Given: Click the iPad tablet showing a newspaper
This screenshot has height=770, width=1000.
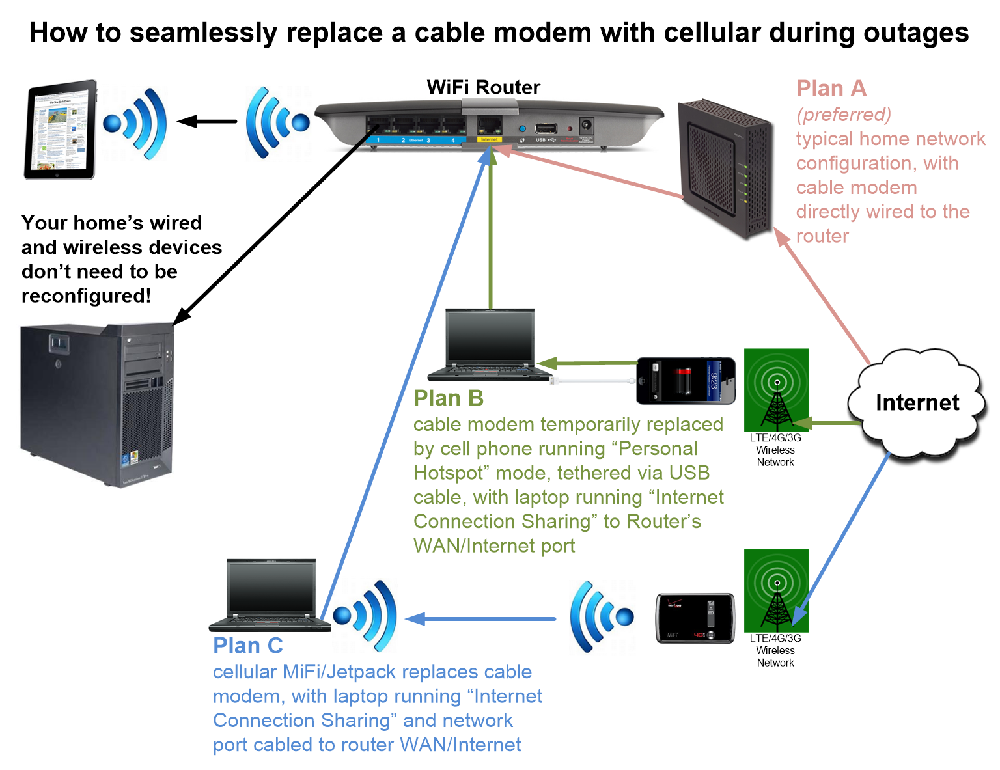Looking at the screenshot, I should (x=60, y=130).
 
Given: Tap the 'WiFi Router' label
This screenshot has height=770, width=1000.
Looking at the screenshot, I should (x=483, y=87).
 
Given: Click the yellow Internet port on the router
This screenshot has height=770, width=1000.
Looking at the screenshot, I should (x=489, y=126).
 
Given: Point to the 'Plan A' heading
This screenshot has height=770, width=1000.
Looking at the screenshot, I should (x=831, y=89).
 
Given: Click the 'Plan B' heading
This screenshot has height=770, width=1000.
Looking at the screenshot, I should (x=448, y=398).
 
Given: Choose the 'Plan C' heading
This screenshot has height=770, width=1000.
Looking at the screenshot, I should (x=247, y=646).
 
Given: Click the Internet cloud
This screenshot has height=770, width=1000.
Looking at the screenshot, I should (x=917, y=403).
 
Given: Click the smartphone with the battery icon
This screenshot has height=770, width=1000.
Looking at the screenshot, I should (x=686, y=380).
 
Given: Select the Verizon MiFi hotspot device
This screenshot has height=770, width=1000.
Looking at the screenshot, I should (x=695, y=618).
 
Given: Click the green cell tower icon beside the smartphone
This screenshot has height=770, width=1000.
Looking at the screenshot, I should (x=776, y=390).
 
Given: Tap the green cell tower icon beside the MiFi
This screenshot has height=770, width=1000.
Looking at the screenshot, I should (x=776, y=590).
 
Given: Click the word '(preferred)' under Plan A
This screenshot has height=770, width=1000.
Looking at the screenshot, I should (x=844, y=115).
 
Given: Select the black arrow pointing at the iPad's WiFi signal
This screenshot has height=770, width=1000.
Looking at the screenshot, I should (x=207, y=121).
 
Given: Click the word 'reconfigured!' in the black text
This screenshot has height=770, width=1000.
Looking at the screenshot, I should (x=86, y=296).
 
